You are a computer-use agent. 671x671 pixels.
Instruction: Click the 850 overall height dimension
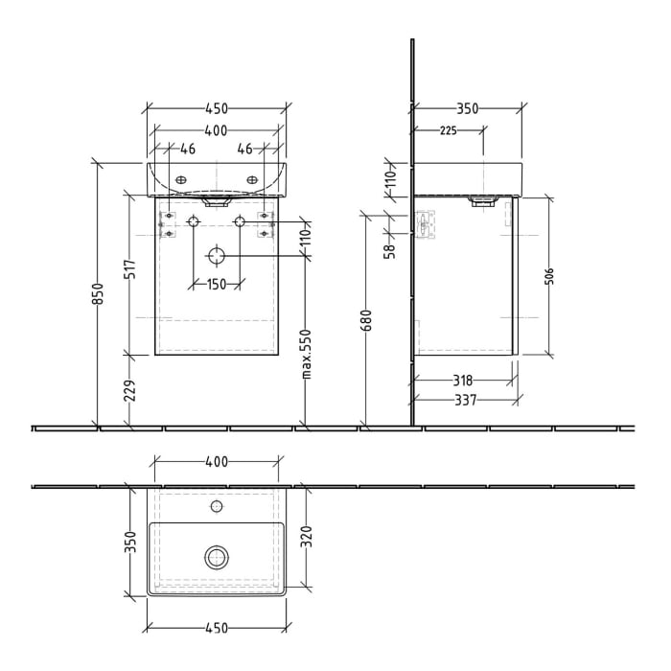click(x=97, y=293)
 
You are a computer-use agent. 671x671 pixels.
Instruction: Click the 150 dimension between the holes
click(x=217, y=284)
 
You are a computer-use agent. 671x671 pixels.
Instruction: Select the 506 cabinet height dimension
click(x=550, y=277)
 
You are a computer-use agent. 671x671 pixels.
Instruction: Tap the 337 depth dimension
click(x=465, y=399)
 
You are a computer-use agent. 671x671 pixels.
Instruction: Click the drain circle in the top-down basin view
click(x=217, y=555)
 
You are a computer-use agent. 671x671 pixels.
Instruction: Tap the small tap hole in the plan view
click(x=217, y=505)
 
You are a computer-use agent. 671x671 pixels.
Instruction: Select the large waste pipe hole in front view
click(x=217, y=256)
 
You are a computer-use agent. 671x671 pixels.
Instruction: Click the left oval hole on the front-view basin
click(x=181, y=178)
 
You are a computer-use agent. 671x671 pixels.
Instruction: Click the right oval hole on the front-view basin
click(x=252, y=178)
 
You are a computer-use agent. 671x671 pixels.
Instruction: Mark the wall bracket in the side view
click(x=423, y=225)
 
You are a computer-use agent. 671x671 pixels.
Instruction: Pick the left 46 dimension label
click(x=188, y=150)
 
